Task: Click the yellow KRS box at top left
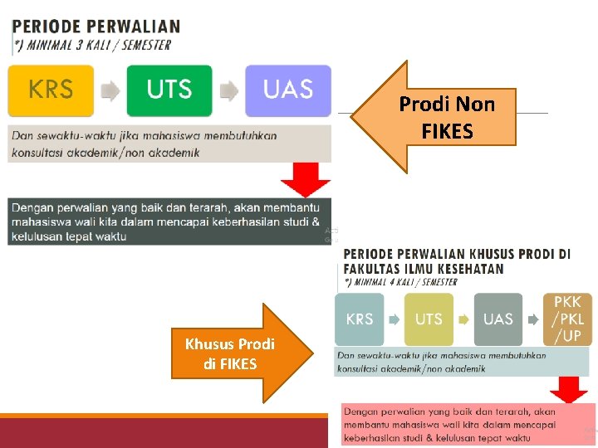coord(51,90)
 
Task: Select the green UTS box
coord(169,90)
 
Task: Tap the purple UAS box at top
coord(287,90)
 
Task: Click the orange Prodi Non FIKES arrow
coord(436,117)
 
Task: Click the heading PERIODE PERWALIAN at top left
coord(96,27)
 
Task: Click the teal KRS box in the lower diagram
coord(359,319)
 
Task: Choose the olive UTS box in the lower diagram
coord(429,319)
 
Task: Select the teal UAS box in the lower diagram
coord(498,319)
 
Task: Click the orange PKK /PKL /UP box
coord(567,319)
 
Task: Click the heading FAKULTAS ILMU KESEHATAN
coord(424,269)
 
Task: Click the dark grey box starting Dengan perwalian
coord(169,222)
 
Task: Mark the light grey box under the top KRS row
coord(169,144)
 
